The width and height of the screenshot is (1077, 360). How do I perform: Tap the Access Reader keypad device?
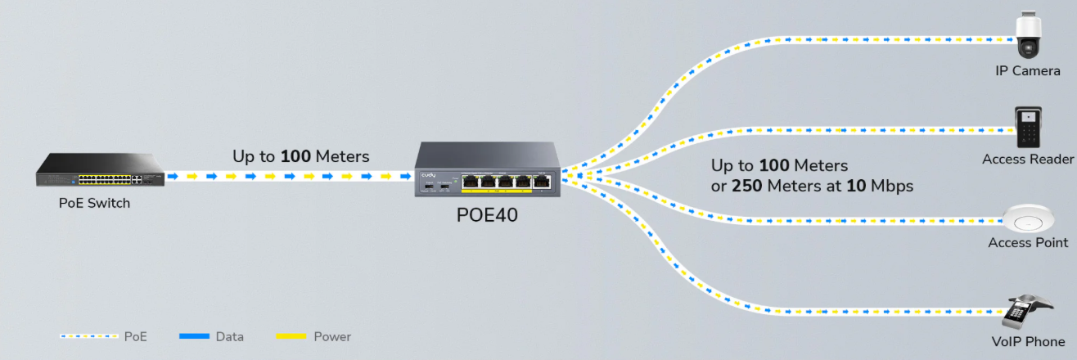coord(1027,128)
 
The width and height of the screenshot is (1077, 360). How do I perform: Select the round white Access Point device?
coord(1027,220)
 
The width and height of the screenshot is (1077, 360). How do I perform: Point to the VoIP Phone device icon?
coord(1025,312)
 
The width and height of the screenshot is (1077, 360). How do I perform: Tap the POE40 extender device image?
coord(486,169)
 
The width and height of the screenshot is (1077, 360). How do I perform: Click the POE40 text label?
coord(487,216)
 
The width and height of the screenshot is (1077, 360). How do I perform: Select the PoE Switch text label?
coord(94,203)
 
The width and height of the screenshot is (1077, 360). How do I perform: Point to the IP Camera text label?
coord(1027,71)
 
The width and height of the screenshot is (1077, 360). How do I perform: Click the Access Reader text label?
coord(1027,160)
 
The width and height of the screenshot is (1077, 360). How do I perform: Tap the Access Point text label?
coord(1028,243)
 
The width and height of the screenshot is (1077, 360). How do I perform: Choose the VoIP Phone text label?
coord(1027,342)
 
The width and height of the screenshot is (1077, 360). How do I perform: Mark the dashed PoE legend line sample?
coord(88,336)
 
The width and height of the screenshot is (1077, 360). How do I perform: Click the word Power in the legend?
coord(332,336)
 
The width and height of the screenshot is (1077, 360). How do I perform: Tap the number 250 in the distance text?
coord(746,187)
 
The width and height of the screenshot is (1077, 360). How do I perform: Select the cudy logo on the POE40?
coord(430,175)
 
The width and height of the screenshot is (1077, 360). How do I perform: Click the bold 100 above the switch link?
coord(295,156)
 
